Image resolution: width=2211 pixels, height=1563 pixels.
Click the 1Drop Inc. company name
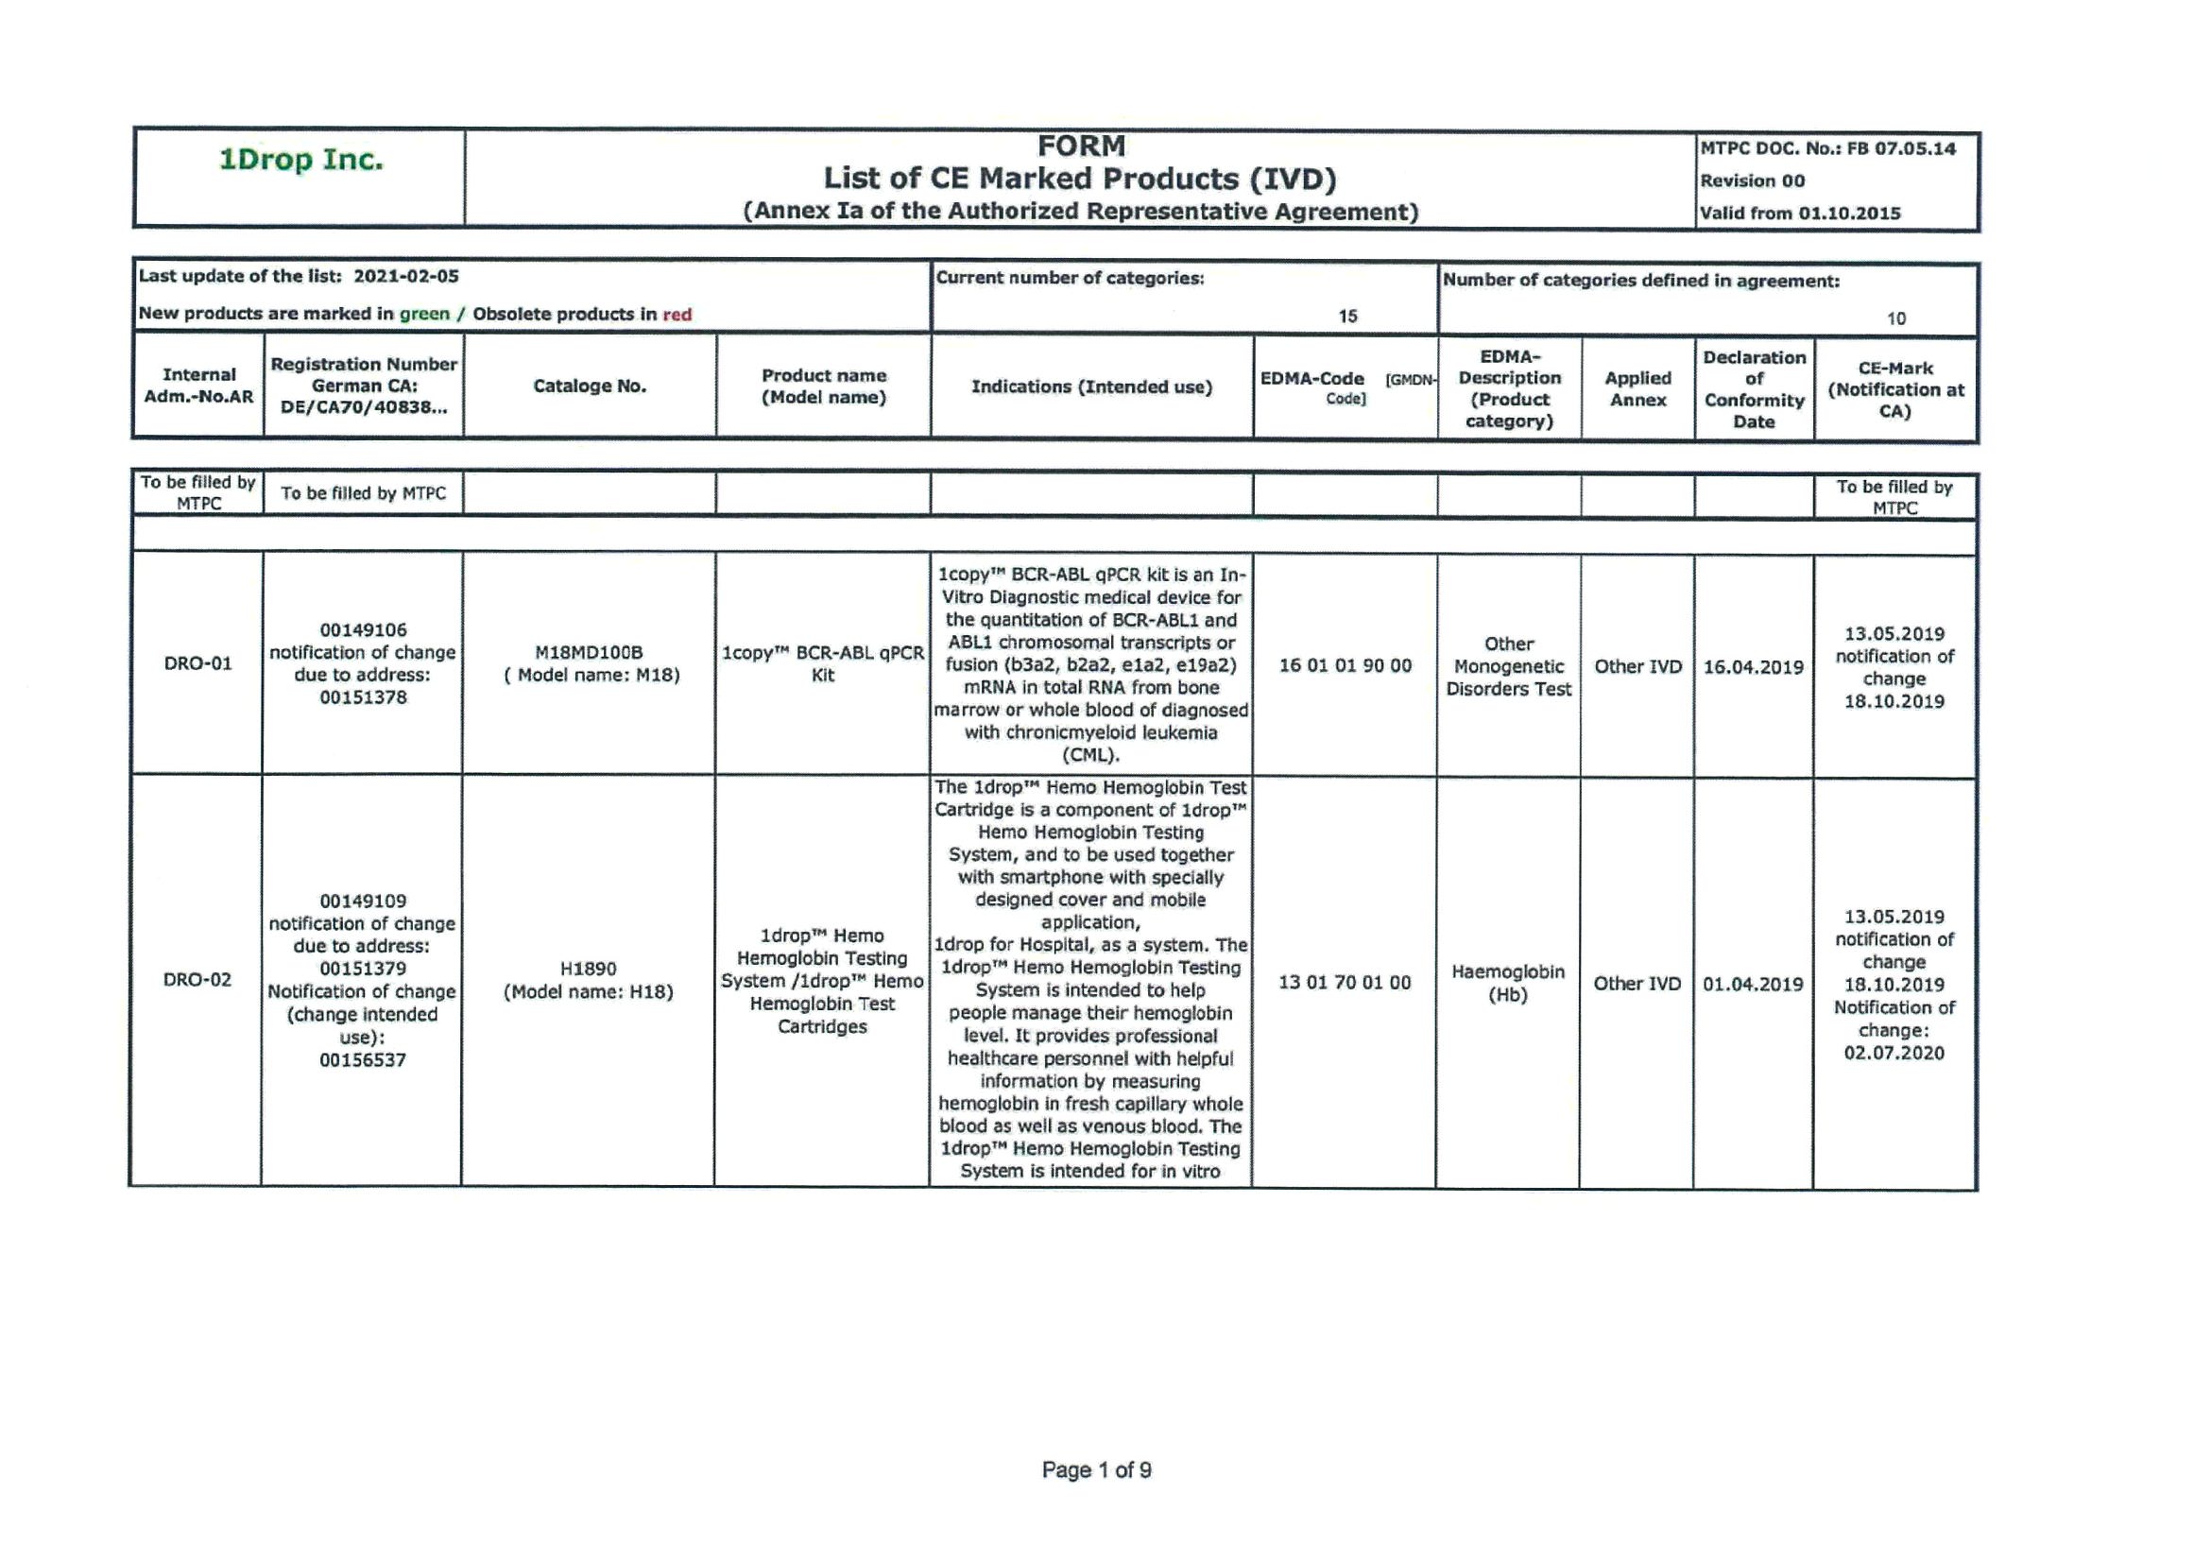coord(300,160)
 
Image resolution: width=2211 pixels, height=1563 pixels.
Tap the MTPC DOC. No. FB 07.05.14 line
coord(1826,149)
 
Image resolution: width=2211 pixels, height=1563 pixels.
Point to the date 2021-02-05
coord(405,276)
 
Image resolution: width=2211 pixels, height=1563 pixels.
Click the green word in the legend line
coord(423,314)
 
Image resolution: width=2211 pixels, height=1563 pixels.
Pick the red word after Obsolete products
coord(677,315)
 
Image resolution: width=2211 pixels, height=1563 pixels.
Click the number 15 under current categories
coord(1347,316)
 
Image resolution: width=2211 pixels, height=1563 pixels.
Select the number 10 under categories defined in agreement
coord(1895,318)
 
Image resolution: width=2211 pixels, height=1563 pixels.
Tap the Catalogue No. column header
coord(590,386)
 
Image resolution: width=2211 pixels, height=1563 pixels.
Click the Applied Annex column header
coord(1637,389)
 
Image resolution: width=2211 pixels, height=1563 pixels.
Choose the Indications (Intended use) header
coord(1091,387)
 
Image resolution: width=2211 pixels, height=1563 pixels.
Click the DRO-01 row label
coord(197,663)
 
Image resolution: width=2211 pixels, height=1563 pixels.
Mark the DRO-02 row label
coord(197,980)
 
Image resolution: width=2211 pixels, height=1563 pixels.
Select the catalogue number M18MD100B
coord(589,653)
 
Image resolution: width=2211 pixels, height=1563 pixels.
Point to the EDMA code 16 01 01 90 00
coord(1345,665)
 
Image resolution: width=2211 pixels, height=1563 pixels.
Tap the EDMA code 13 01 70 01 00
coord(1345,982)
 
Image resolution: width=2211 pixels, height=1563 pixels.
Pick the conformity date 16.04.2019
coord(1753,666)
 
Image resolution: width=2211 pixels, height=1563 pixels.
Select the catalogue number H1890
coord(589,969)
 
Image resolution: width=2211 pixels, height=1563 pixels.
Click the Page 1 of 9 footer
coord(1096,1469)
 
